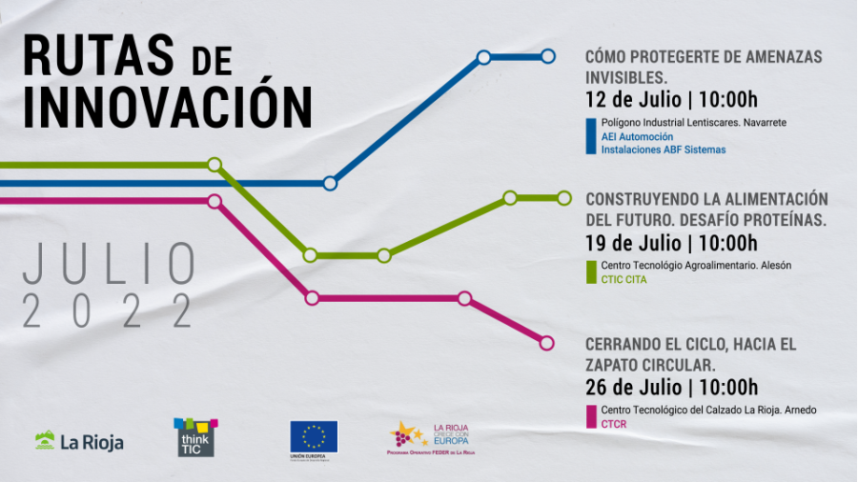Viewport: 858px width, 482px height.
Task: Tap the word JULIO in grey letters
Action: click(110, 264)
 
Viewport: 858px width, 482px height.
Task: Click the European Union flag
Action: click(314, 436)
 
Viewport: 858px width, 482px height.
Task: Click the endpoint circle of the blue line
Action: click(548, 57)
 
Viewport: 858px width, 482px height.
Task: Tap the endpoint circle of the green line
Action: click(564, 198)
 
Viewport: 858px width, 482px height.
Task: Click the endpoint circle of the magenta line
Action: click(547, 343)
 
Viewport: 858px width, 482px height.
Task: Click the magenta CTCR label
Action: click(614, 424)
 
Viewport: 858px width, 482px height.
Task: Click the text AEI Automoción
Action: click(637, 136)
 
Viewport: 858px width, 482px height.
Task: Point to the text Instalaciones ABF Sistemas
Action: click(663, 150)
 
